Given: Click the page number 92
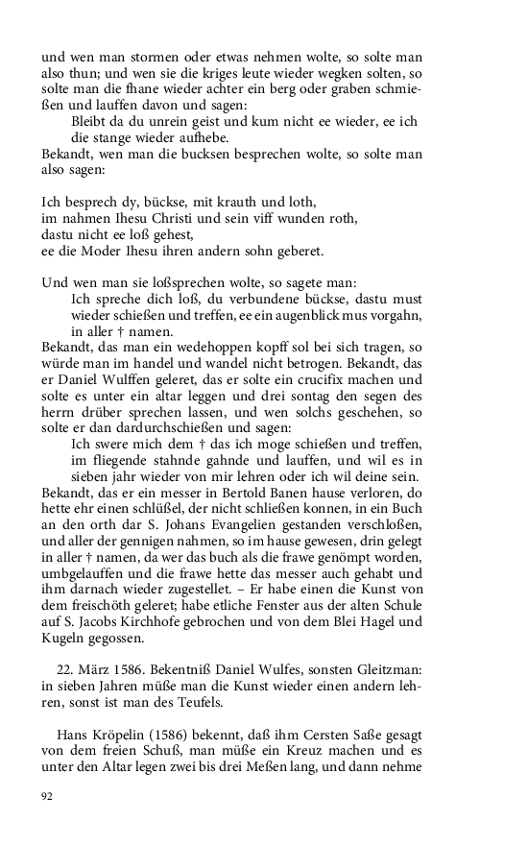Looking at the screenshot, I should point(49,796).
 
